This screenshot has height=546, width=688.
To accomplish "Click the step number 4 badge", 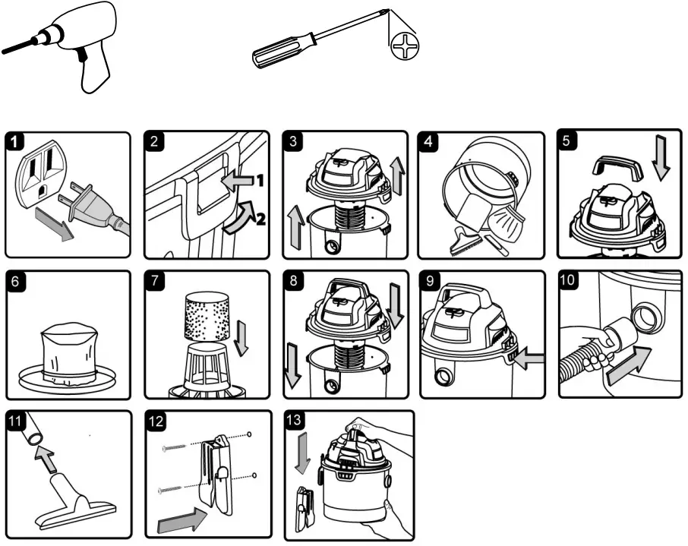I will (x=429, y=142).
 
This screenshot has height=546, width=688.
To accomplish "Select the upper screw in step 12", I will (x=178, y=450).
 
